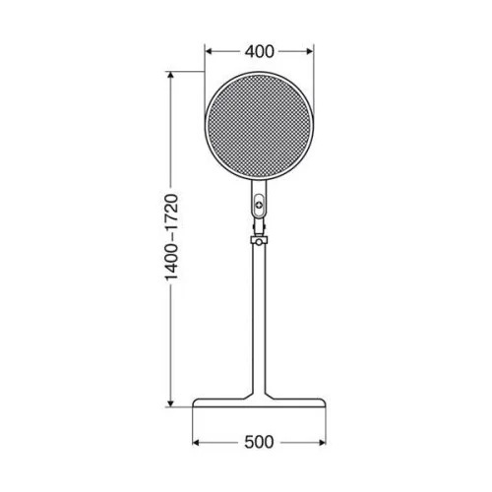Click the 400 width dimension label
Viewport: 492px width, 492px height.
[259, 52]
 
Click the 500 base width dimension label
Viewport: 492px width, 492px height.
[259, 442]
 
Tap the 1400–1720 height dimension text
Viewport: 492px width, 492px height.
[171, 237]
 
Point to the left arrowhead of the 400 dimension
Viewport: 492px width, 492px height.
[209, 51]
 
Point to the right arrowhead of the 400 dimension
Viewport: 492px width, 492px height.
[309, 51]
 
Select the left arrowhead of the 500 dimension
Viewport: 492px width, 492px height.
[197, 443]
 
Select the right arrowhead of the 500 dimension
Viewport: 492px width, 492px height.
[322, 443]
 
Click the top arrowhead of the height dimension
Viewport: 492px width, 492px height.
[170, 76]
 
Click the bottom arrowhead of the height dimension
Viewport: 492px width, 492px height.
[170, 402]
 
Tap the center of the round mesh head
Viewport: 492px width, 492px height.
[259, 126]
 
